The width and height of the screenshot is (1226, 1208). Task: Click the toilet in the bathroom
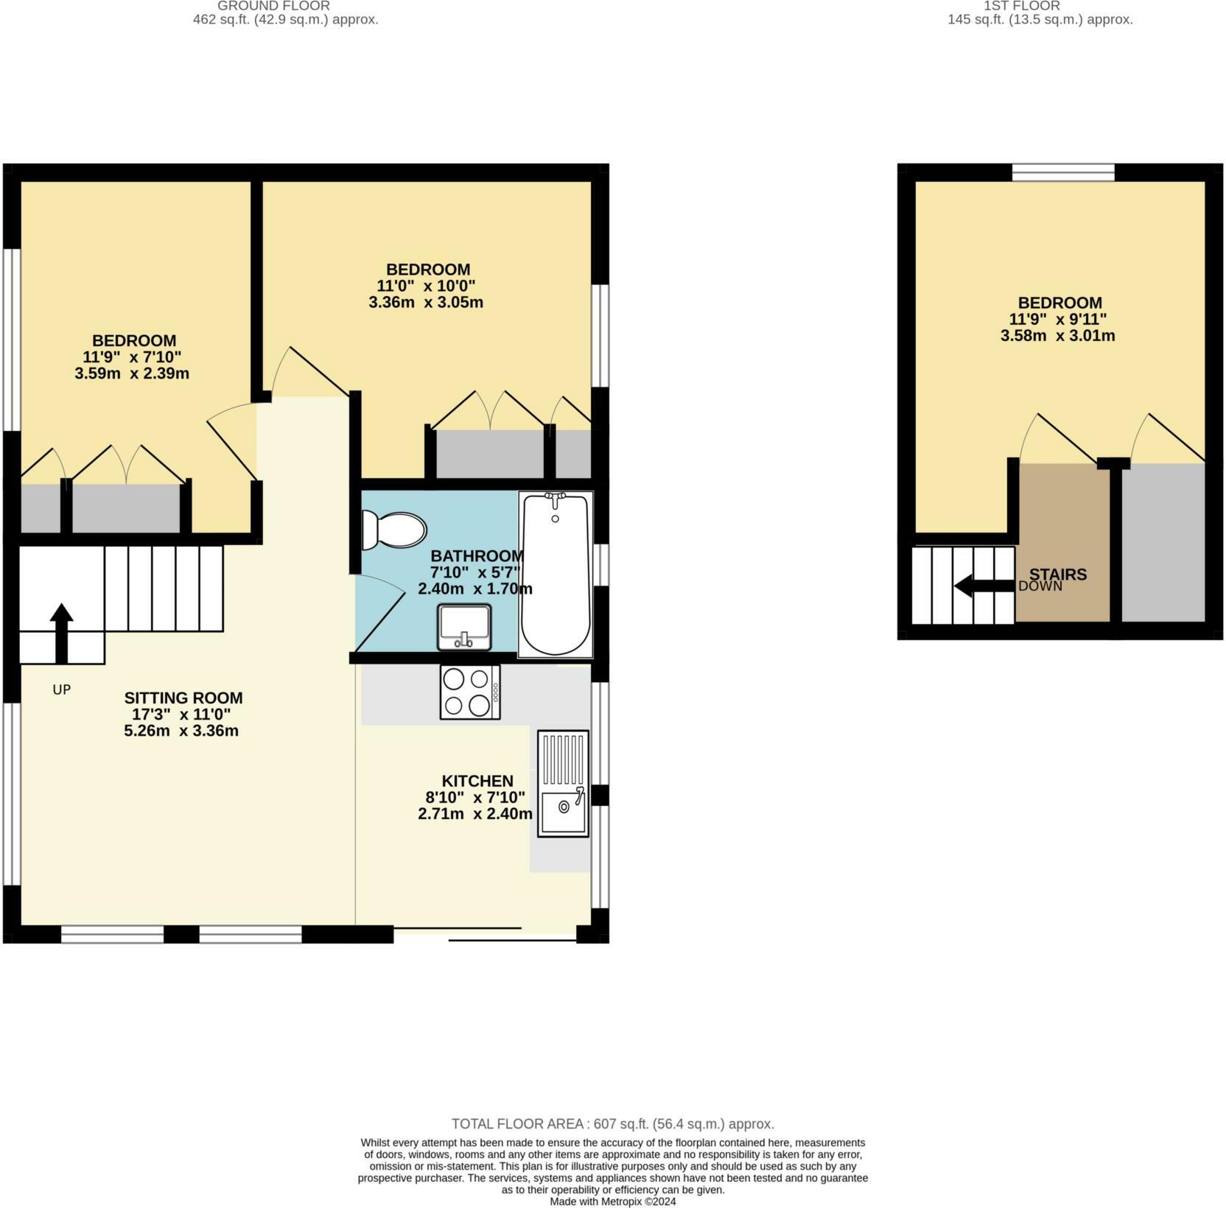(395, 530)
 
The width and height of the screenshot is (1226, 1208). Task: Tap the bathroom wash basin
(464, 627)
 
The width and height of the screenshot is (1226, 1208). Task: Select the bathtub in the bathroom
(556, 574)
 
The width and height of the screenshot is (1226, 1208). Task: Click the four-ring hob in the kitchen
(470, 692)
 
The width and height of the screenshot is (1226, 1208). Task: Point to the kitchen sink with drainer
(563, 783)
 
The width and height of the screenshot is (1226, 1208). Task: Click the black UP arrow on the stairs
(61, 633)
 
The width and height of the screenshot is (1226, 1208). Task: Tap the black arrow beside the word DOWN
(984, 586)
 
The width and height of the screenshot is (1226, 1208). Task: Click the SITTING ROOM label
(183, 698)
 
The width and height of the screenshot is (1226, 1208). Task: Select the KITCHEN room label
(477, 781)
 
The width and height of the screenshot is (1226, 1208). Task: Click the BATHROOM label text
(477, 556)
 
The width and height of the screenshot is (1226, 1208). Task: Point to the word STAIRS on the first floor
(1058, 574)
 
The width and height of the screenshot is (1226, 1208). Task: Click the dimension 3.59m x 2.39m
(132, 373)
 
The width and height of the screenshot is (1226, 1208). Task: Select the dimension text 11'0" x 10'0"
(426, 286)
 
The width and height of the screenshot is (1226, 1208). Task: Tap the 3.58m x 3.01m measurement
(1057, 336)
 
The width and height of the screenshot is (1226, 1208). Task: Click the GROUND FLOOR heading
(273, 6)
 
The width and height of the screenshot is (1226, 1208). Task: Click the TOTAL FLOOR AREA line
(612, 1124)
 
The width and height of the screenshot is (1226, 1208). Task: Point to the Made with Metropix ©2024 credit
(612, 1201)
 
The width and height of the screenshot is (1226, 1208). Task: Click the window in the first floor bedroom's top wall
(1062, 172)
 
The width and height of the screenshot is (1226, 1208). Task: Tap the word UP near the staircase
(62, 689)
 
